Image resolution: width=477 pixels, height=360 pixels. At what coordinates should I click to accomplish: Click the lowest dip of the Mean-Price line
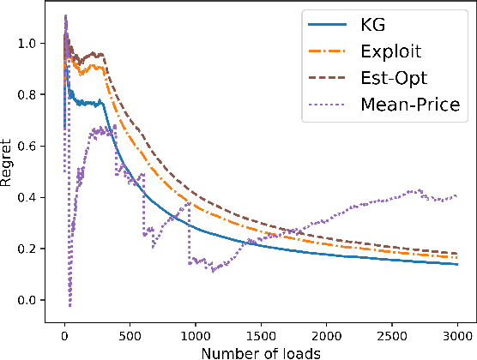click(x=69, y=305)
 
